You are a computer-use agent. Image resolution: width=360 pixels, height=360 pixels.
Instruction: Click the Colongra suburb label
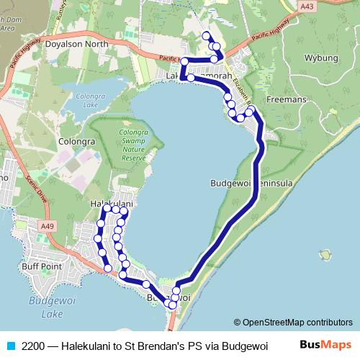pyautogui.click(x=77, y=142)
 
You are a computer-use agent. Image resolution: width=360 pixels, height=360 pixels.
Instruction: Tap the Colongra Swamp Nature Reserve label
pyautogui.click(x=134, y=144)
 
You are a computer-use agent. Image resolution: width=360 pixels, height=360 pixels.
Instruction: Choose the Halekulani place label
pyautogui.click(x=112, y=205)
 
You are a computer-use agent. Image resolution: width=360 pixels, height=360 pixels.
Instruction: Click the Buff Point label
pyautogui.click(x=40, y=266)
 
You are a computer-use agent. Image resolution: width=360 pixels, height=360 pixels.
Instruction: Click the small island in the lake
pyautogui.click(x=328, y=255)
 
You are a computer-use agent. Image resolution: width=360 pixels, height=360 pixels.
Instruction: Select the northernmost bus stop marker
pyautogui.click(x=207, y=36)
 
